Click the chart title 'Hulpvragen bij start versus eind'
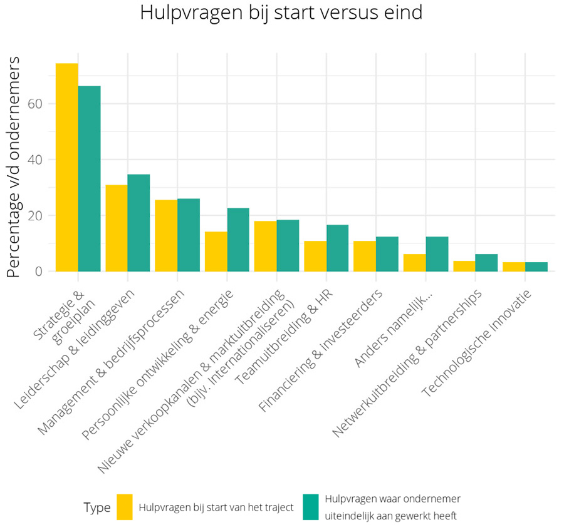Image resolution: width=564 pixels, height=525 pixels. pos(281,13)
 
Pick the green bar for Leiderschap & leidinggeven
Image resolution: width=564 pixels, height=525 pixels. pos(138,223)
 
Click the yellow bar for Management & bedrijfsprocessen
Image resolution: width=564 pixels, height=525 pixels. pos(166,235)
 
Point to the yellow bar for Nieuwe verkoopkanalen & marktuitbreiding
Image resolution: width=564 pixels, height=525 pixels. pos(265,246)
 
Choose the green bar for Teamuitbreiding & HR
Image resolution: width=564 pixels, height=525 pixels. pos(337,248)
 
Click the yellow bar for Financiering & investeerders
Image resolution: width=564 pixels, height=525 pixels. pos(364,256)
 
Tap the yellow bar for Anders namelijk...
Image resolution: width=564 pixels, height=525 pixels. pos(414,263)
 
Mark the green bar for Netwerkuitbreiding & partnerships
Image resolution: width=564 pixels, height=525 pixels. pos(486,263)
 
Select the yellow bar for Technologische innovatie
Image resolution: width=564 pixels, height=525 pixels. pos(514,267)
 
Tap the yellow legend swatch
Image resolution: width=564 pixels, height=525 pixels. pos(125,507)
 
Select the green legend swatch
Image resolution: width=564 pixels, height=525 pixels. pos(310,507)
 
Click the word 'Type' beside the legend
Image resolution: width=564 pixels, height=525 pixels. pos(97,507)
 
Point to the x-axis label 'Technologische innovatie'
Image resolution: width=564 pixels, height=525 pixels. pos(479,341)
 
